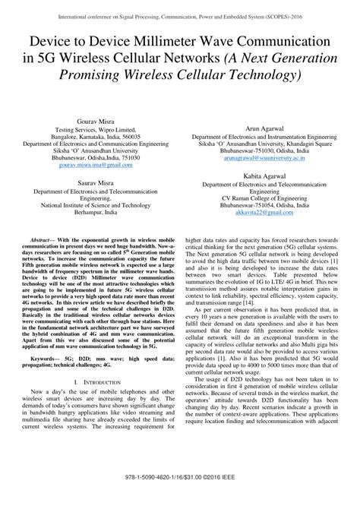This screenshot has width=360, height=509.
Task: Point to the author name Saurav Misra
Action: [x=91, y=181]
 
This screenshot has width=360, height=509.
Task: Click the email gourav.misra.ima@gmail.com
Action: [x=91, y=164]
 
